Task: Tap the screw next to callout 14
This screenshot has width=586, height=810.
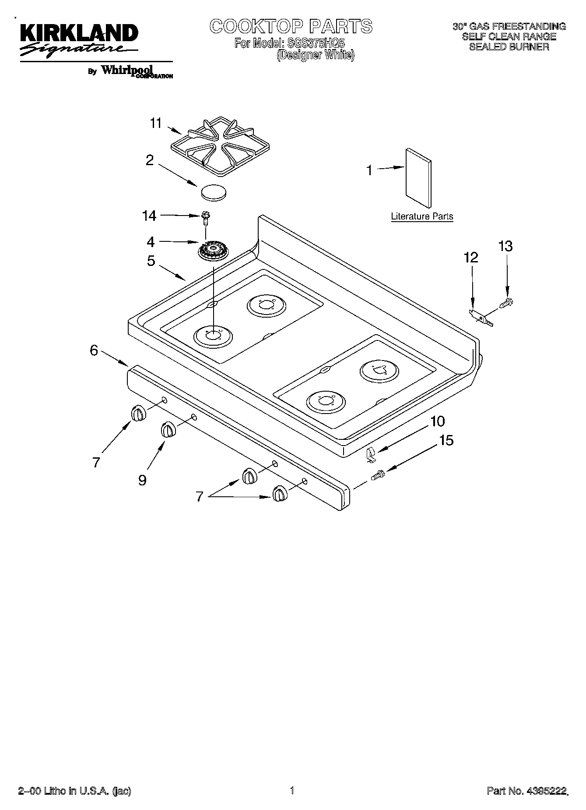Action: pyautogui.click(x=205, y=217)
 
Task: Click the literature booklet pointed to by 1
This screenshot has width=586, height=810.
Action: pyautogui.click(x=418, y=177)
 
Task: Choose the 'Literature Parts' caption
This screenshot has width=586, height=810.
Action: pyautogui.click(x=422, y=216)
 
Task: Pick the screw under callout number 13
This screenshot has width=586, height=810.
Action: pyautogui.click(x=506, y=302)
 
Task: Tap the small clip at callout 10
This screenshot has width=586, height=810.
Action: pyautogui.click(x=371, y=455)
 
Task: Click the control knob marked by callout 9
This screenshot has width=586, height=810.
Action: pyautogui.click(x=168, y=430)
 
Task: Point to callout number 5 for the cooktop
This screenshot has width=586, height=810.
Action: pyautogui.click(x=151, y=261)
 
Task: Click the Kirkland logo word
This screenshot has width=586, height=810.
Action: pyautogui.click(x=78, y=34)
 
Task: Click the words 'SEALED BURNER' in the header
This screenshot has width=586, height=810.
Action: pyautogui.click(x=509, y=47)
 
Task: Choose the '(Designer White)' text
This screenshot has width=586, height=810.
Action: pyautogui.click(x=316, y=55)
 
